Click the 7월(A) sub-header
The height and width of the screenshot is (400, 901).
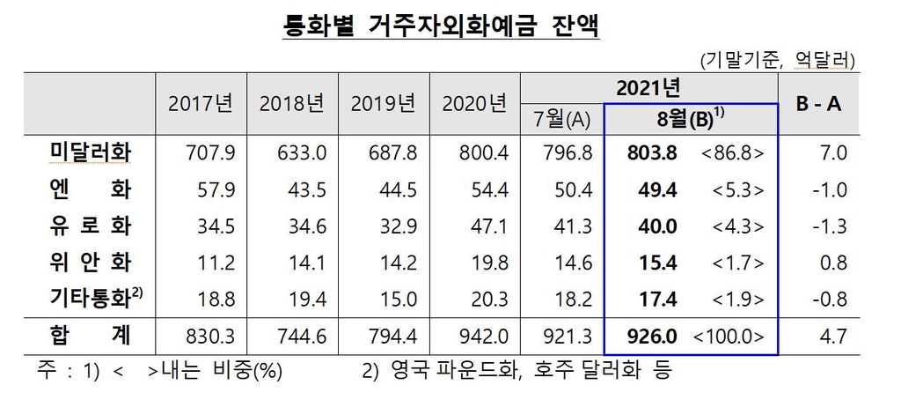562,118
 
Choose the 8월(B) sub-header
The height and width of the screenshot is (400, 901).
690,118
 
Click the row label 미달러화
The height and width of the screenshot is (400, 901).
88,153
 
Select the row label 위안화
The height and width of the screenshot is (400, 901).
88,262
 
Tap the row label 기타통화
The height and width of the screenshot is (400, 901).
88,298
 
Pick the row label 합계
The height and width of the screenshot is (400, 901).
88,335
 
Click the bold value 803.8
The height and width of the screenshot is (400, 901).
652,153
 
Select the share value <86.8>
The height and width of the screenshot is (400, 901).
733,153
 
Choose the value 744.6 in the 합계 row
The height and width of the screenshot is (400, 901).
302,335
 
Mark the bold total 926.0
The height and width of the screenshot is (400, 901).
652,335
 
